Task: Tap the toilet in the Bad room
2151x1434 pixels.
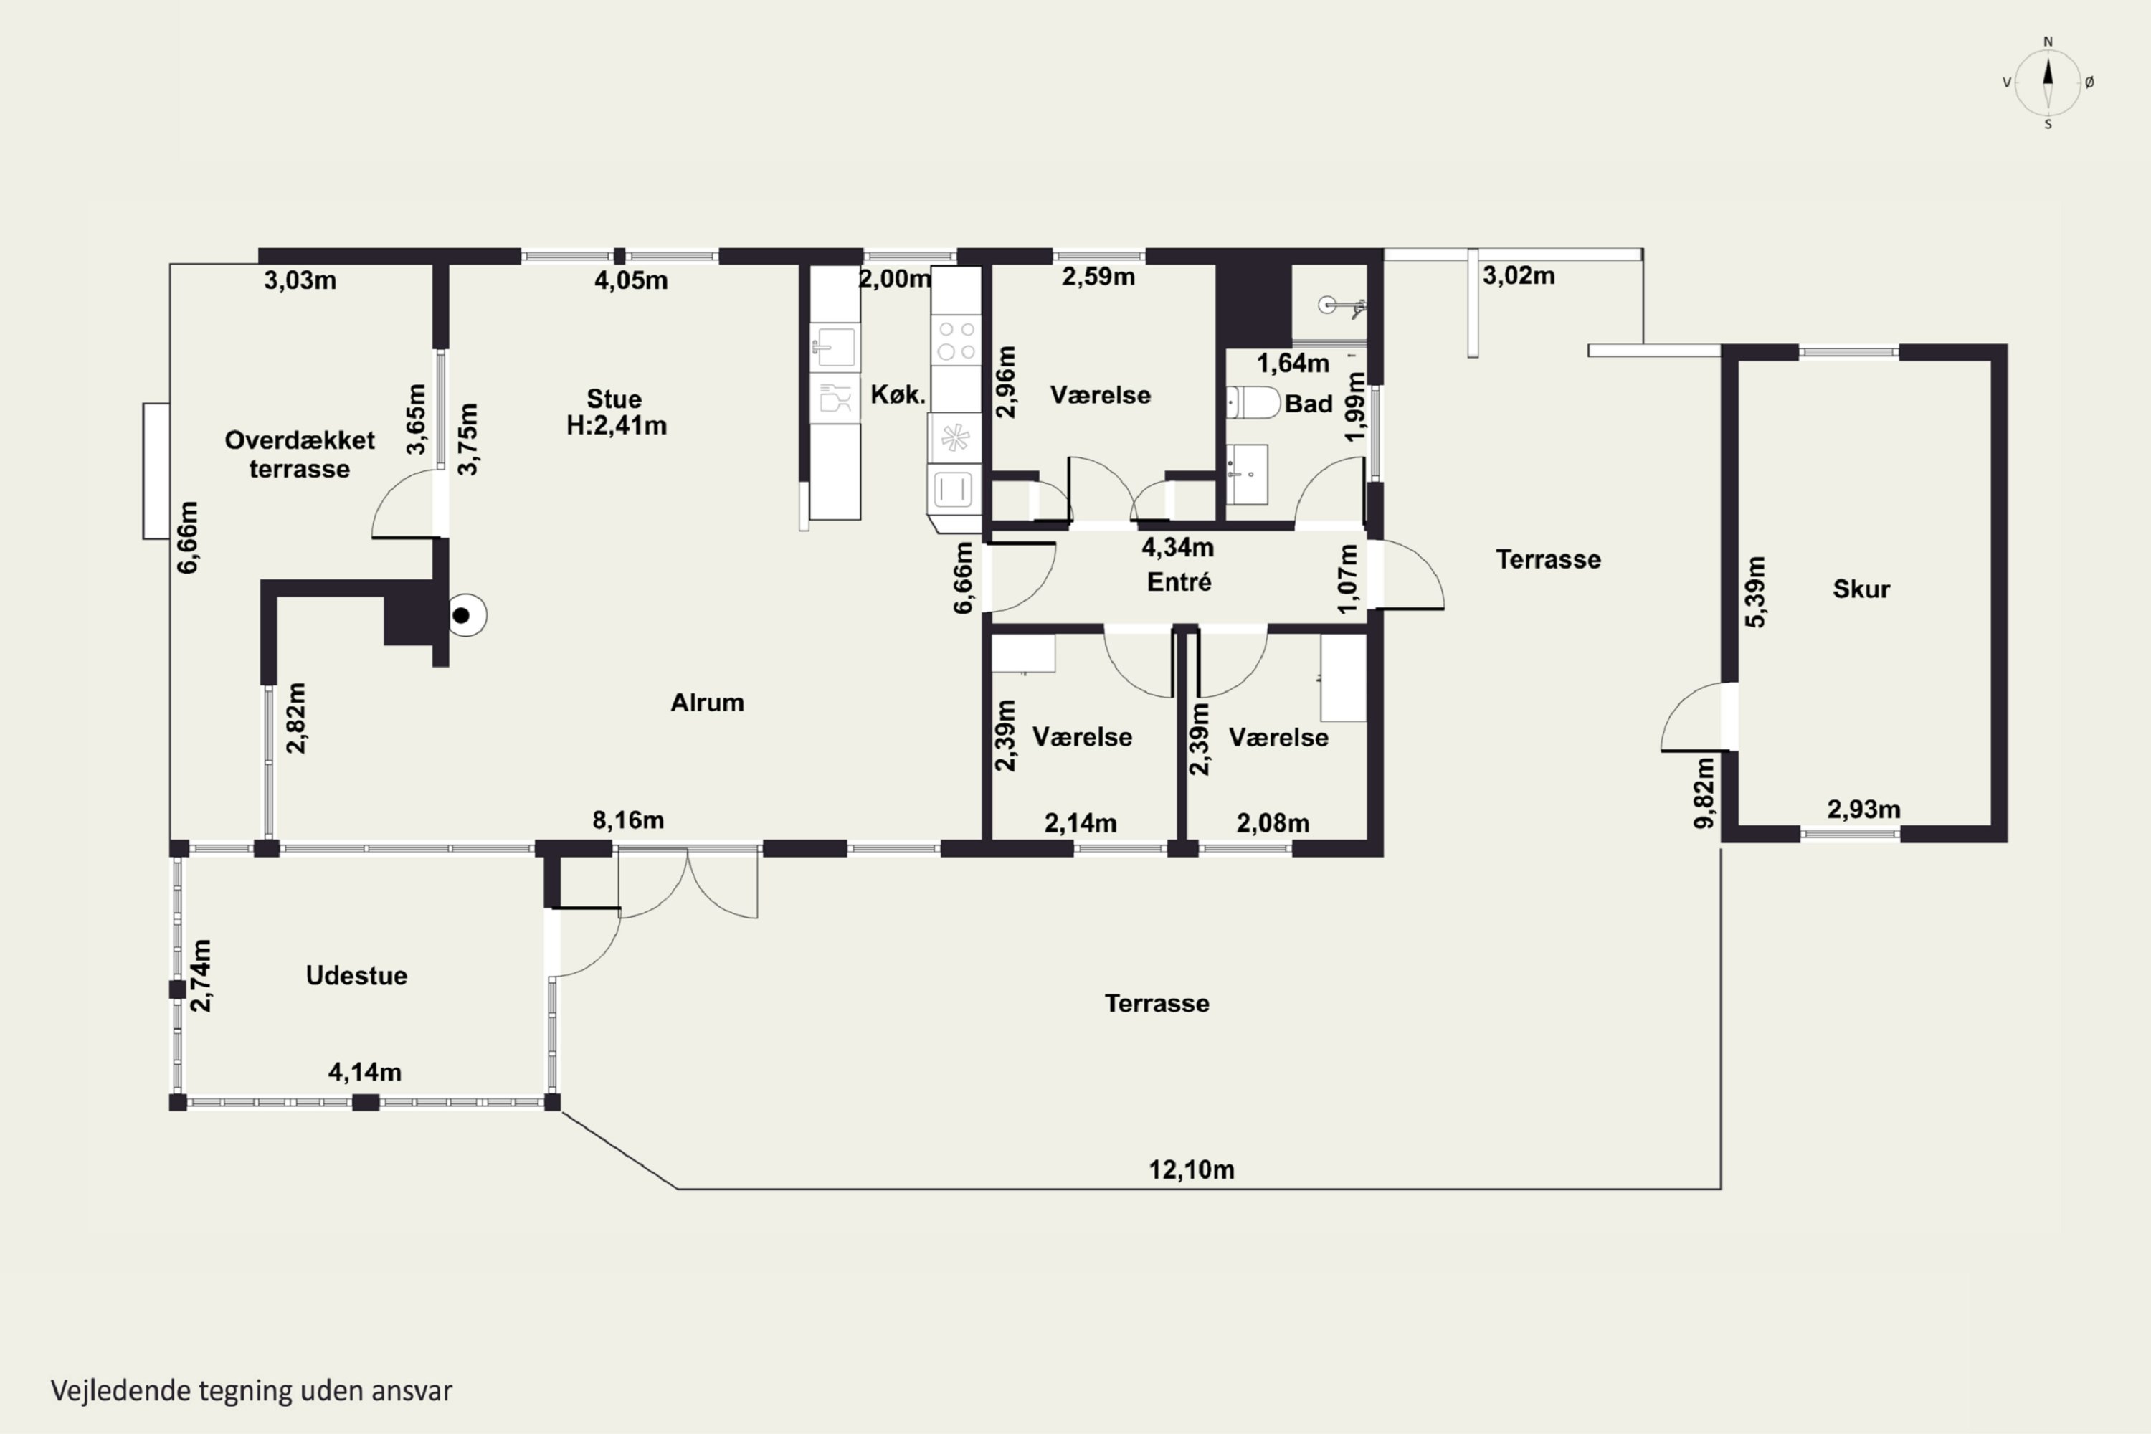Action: tap(1253, 402)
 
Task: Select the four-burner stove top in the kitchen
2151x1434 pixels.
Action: tap(956, 340)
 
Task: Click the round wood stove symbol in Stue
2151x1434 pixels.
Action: tap(465, 615)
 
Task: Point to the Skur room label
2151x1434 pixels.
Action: tap(1861, 589)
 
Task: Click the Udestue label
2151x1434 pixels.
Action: tap(356, 976)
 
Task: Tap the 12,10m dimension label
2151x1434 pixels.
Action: tap(1192, 1169)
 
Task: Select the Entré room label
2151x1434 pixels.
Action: tap(1179, 581)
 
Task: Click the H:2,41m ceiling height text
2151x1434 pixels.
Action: tap(617, 425)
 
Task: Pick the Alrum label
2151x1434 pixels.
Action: tap(707, 703)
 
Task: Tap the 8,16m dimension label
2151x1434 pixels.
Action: tap(628, 820)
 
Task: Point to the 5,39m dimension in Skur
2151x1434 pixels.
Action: tap(1756, 592)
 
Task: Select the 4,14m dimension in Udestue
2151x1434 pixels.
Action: tap(365, 1072)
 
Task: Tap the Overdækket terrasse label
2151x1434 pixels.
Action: tap(300, 455)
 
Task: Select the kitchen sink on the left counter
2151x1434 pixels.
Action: tap(834, 346)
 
